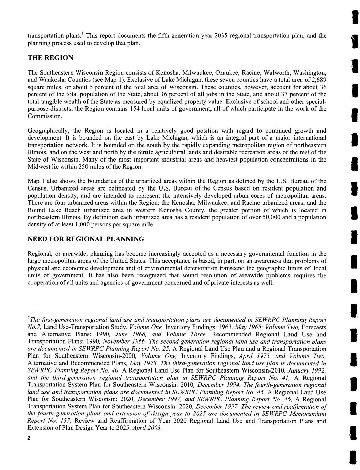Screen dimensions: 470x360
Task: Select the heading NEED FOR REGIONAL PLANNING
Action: [85, 239]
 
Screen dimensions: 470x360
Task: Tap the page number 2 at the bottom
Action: [29, 438]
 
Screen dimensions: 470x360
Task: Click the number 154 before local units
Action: [135, 109]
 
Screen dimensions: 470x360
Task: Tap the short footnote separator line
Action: [46, 313]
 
